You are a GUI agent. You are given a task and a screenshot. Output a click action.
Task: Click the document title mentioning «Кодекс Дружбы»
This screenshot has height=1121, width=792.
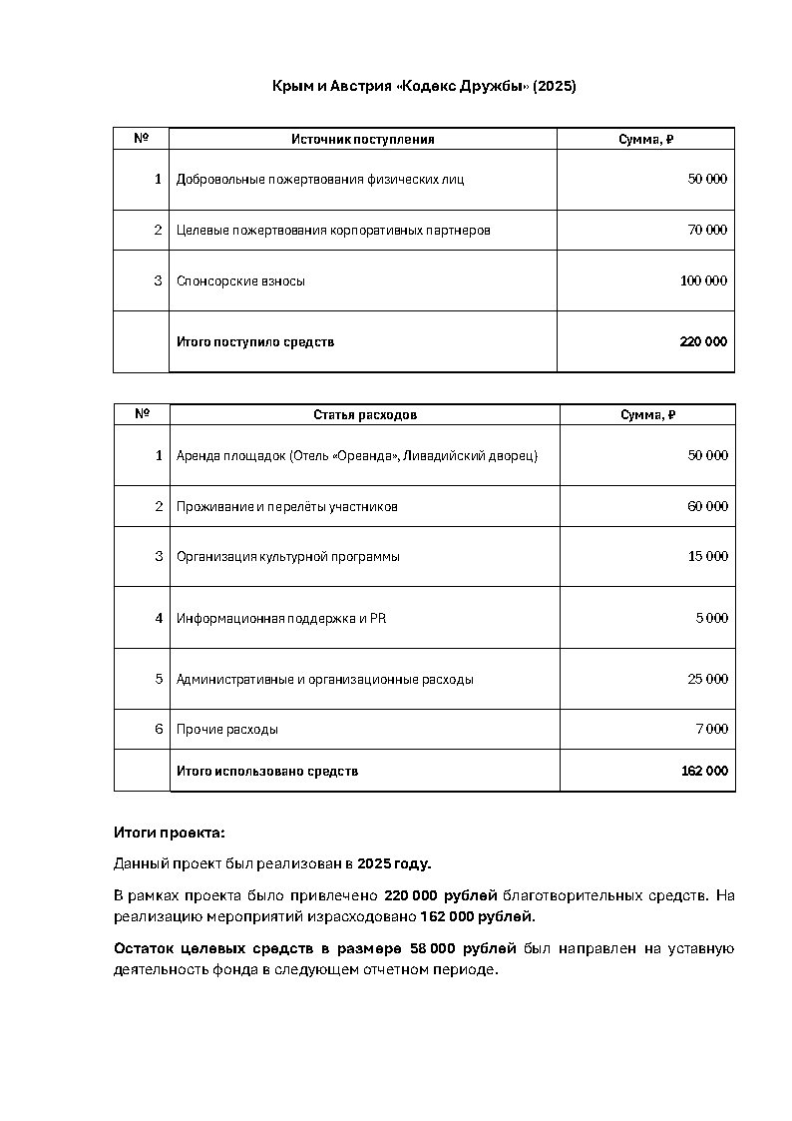point(424,87)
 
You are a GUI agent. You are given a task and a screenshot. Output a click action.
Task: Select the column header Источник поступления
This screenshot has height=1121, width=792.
point(362,140)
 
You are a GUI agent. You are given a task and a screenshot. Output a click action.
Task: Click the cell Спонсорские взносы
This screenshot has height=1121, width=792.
point(240,281)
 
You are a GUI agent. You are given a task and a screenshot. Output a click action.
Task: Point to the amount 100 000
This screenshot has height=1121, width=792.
point(703,281)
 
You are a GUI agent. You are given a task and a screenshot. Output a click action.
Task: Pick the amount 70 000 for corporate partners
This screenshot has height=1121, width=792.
point(707,231)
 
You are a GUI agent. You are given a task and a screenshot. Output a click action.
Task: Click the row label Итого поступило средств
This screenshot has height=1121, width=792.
point(255,342)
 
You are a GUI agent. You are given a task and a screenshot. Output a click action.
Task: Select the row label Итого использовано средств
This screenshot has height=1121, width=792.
point(267,772)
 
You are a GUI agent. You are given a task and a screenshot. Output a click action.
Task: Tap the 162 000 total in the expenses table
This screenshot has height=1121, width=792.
point(704,772)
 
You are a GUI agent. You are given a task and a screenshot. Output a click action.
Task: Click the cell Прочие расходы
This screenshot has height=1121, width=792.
point(227,730)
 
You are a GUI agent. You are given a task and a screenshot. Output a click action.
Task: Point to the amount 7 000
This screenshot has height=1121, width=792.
point(711,730)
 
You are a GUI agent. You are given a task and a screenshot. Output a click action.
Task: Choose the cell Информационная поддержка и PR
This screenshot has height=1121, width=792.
point(281,619)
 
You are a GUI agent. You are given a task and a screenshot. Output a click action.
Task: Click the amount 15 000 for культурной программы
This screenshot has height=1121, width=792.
point(707,557)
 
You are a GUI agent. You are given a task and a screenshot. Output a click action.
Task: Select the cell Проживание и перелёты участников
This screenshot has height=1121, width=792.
point(287,507)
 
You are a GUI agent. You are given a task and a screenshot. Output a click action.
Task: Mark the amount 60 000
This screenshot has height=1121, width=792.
point(707,507)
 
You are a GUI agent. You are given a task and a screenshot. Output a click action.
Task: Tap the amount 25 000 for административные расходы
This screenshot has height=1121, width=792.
point(707,680)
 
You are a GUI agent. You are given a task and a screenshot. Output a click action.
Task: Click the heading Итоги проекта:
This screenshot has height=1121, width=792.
point(170,833)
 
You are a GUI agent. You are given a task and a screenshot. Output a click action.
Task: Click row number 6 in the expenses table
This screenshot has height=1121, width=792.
point(159,730)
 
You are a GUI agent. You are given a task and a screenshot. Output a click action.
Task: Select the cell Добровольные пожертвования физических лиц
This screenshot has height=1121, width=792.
point(320,180)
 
